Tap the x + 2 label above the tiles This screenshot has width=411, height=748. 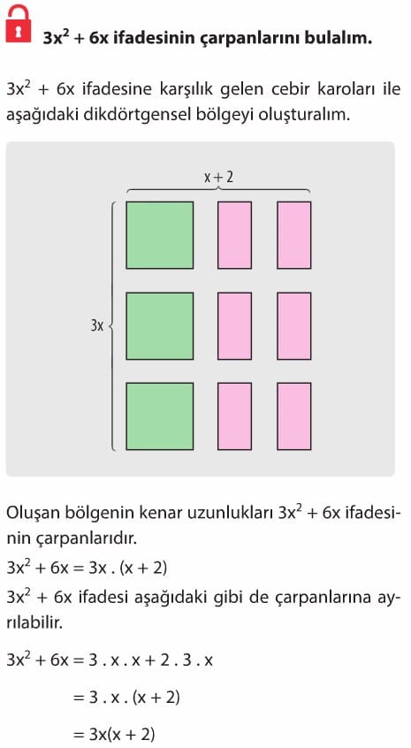218,177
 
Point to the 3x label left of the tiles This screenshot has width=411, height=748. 97,326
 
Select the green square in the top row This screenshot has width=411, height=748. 160,235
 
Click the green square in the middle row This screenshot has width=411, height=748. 160,326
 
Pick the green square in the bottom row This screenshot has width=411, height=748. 160,416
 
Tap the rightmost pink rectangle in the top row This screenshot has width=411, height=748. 294,235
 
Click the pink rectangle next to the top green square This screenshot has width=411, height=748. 234,235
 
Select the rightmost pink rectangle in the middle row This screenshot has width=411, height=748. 294,326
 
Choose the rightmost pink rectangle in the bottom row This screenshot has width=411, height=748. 294,416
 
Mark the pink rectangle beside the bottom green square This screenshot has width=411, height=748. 234,416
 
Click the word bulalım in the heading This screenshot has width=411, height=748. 339,38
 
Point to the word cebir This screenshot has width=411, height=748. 289,89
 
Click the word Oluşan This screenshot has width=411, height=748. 33,515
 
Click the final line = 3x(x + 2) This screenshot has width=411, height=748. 114,734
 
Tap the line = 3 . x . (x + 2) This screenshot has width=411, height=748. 126,698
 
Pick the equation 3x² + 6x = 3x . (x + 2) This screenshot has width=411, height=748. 87,568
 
